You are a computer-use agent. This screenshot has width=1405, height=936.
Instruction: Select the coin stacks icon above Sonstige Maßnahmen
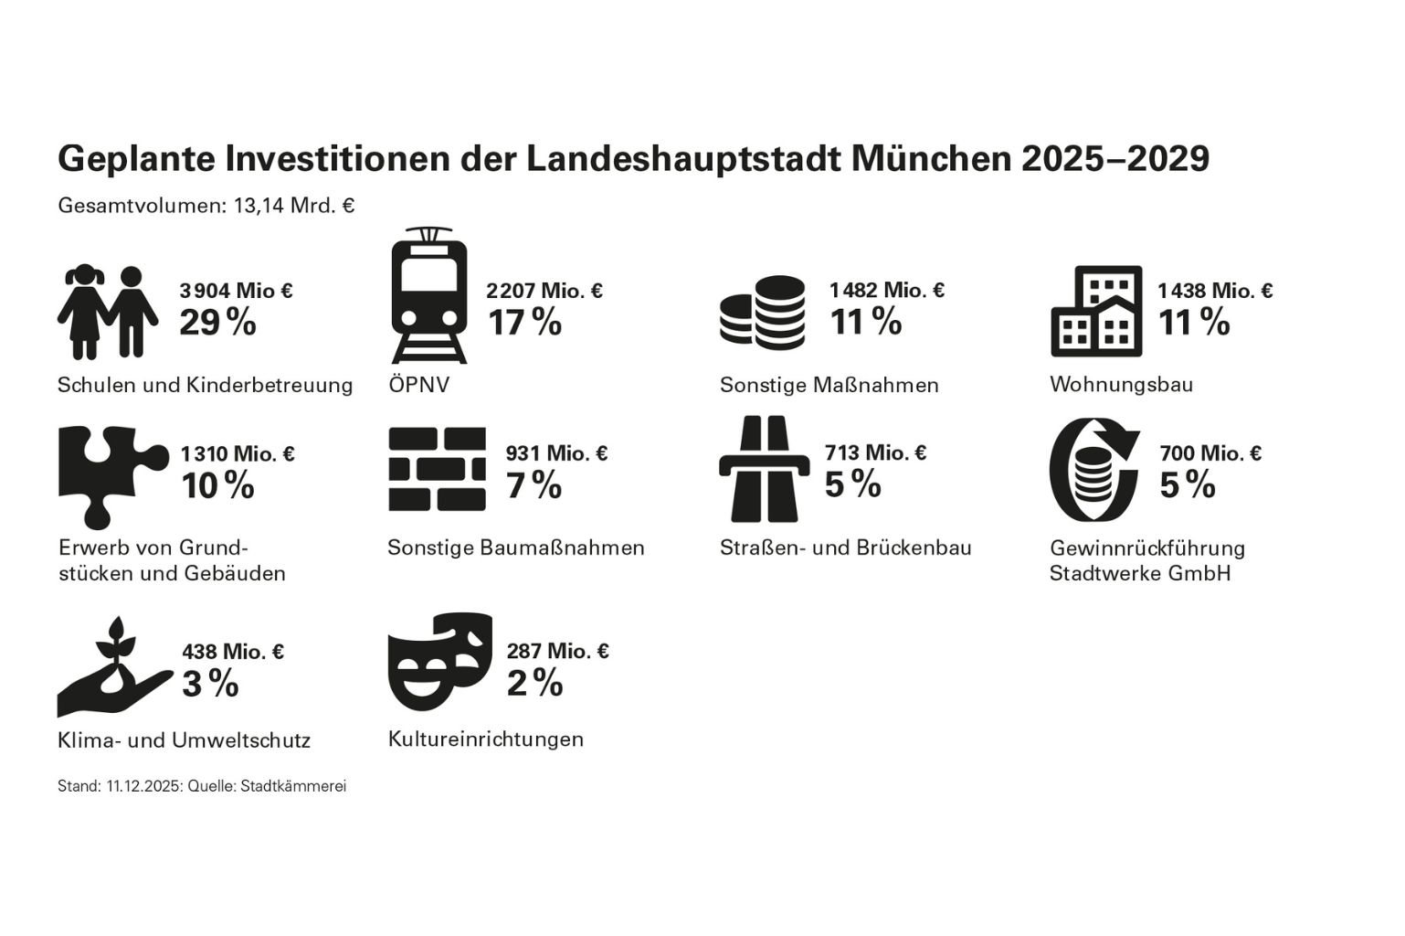click(762, 313)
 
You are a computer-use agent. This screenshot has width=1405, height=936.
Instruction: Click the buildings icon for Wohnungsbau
click(1095, 311)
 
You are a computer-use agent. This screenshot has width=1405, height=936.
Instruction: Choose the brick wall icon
click(437, 469)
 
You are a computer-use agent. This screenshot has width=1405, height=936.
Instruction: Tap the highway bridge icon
click(764, 469)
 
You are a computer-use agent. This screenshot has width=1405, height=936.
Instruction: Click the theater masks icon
click(440, 661)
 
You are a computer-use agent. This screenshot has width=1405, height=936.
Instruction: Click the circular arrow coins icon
click(1093, 470)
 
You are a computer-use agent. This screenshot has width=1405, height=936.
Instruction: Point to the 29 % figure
click(217, 323)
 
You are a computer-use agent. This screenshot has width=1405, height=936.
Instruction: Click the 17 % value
click(524, 323)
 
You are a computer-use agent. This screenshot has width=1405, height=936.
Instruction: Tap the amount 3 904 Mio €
click(236, 291)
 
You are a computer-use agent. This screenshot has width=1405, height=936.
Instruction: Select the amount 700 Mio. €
click(1210, 453)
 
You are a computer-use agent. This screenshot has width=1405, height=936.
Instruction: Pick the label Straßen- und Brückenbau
click(845, 548)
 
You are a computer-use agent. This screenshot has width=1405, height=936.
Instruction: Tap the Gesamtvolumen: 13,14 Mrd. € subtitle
click(206, 206)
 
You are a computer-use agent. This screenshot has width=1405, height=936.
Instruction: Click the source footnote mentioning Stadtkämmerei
click(202, 786)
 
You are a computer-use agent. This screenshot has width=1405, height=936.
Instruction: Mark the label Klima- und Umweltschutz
click(184, 739)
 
